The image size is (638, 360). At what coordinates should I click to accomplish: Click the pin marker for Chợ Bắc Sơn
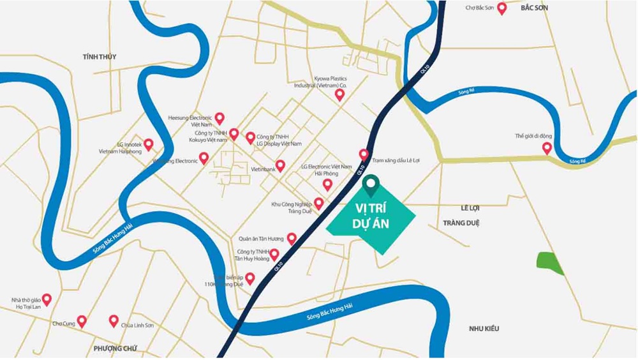pyautogui.click(x=502, y=8)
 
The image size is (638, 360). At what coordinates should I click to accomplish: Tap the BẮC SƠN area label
pyautogui.click(x=534, y=8)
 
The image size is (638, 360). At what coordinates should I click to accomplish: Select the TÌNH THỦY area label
pyautogui.click(x=100, y=57)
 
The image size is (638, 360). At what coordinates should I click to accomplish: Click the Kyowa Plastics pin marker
pyautogui.click(x=339, y=94)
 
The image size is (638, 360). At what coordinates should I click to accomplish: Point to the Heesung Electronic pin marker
pyautogui.click(x=219, y=118)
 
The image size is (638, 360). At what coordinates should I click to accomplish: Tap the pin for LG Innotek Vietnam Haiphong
pyautogui.click(x=149, y=144)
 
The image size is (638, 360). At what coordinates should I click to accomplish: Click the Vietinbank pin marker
pyautogui.click(x=280, y=166)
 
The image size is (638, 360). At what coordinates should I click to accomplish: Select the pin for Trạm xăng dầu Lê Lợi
pyautogui.click(x=364, y=154)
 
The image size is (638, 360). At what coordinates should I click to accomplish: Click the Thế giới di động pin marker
pyautogui.click(x=547, y=148)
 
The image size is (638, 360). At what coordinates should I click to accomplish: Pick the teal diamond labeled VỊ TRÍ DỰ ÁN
pyautogui.click(x=371, y=218)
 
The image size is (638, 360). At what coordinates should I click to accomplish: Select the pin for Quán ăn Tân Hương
pyautogui.click(x=292, y=239)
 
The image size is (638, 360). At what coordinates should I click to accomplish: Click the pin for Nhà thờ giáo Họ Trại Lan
pyautogui.click(x=47, y=299)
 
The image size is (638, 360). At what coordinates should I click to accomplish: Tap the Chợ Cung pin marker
pyautogui.click(x=81, y=321)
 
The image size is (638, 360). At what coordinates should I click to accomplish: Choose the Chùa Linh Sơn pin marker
pyautogui.click(x=114, y=320)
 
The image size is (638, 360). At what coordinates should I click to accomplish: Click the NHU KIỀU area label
pyautogui.click(x=484, y=329)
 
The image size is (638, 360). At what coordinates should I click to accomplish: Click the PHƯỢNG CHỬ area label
pyautogui.click(x=115, y=348)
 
